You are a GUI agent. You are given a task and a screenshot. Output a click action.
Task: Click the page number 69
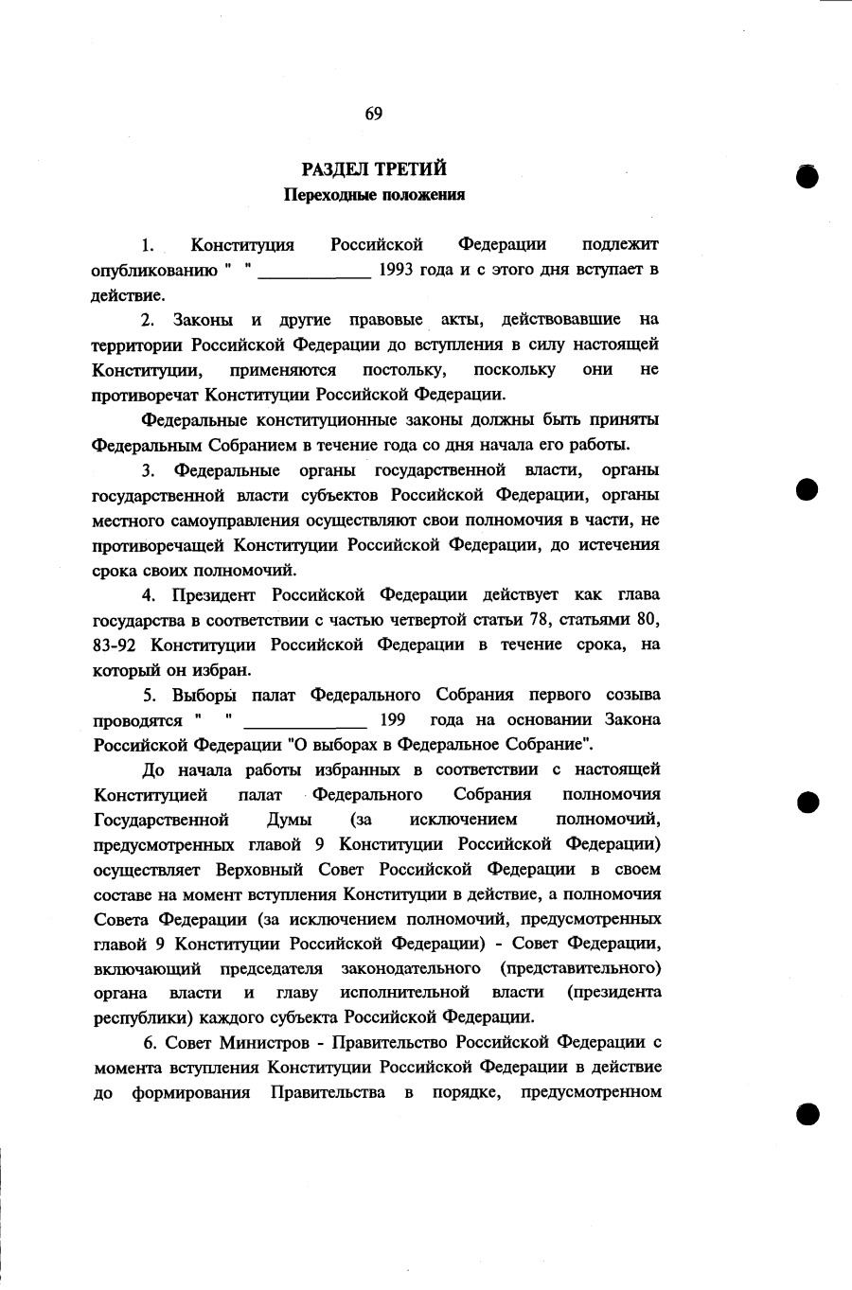(373, 115)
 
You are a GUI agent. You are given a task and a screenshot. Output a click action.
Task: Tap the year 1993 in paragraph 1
(397, 269)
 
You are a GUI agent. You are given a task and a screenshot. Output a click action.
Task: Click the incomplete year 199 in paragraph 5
(392, 719)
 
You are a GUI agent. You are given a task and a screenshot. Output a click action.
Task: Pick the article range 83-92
(115, 645)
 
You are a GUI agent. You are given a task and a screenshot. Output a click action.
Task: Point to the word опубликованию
(154, 270)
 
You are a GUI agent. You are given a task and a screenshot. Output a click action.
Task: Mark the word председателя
(272, 968)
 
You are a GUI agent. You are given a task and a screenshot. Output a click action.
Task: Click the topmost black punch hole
(807, 176)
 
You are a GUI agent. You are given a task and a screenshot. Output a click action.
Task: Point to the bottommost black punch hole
(807, 1113)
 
